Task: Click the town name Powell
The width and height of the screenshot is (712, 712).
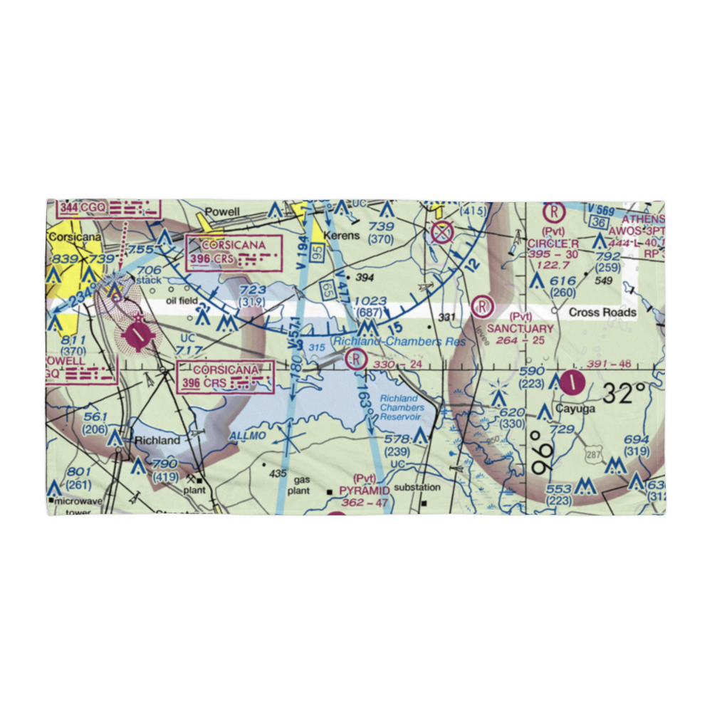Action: pos(222,211)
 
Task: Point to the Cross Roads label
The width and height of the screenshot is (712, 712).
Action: pos(602,313)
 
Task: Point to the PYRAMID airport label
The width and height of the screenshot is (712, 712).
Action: pos(364,491)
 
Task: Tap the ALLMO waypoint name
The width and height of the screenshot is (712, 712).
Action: pos(247,434)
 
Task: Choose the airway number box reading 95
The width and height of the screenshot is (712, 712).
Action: pos(318,253)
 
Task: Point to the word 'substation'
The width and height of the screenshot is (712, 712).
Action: pos(418,488)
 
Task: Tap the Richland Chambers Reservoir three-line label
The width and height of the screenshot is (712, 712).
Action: pos(401,407)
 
